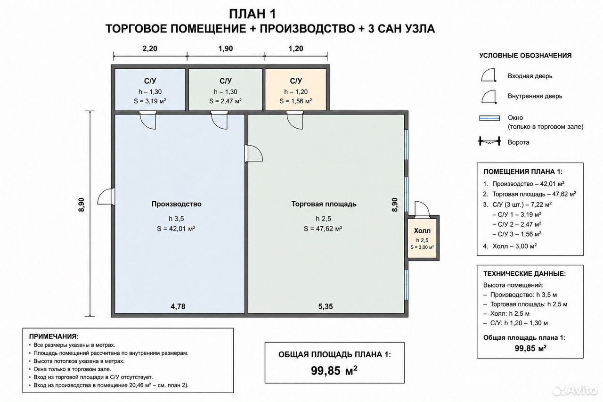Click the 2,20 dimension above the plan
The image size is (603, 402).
point(150,49)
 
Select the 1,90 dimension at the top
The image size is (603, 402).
point(226,49)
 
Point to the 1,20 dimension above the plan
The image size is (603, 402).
point(296,49)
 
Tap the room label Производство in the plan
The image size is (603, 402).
point(176,204)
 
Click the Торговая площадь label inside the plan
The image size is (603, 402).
point(324,204)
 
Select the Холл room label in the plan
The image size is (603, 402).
point(422,231)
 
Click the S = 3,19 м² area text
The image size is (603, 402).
point(150,101)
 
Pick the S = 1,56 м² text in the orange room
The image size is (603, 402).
point(295,101)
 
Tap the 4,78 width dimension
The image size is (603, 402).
point(178,306)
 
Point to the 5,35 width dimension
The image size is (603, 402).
point(326,306)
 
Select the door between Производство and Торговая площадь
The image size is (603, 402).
point(253,153)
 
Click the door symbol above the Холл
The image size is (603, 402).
point(422,209)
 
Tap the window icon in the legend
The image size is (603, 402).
point(489,118)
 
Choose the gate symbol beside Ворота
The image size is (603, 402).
point(489,141)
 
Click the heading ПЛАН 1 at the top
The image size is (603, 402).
point(253,14)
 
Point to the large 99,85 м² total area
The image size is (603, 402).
point(334,371)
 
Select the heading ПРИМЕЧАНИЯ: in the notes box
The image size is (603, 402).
point(54,336)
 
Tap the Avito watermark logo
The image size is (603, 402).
point(575,390)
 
